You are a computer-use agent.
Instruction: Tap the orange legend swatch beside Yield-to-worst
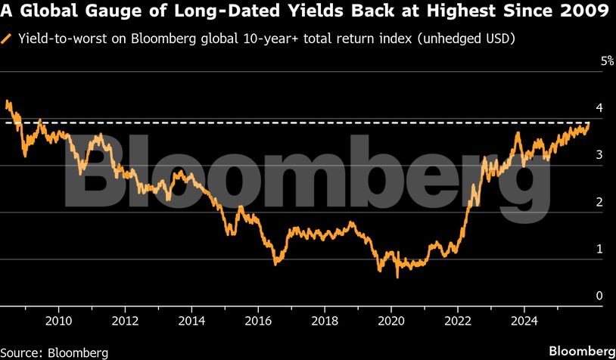coord(8,38)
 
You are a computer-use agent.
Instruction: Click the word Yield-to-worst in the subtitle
coord(61,38)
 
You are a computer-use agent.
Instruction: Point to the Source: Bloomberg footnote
coord(54,352)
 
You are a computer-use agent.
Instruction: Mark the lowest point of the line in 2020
coord(397,278)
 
